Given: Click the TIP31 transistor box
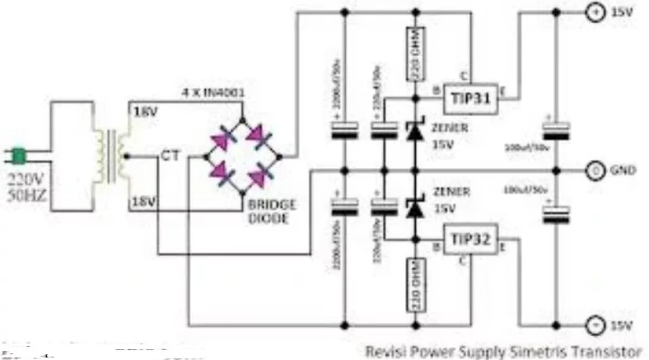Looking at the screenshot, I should [x=471, y=98].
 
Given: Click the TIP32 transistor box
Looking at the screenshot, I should [x=471, y=240].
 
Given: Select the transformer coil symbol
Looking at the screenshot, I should [x=107, y=154].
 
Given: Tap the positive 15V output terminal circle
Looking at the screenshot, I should [x=592, y=12].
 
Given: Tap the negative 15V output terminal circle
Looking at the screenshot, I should [x=592, y=323].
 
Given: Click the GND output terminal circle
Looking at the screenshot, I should [x=592, y=171].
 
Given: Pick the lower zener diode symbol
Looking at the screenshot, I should [x=413, y=208].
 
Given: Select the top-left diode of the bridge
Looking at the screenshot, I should [x=224, y=137].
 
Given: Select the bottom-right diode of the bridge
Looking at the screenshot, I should [x=265, y=174].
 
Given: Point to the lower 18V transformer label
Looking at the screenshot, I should [x=142, y=200].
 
